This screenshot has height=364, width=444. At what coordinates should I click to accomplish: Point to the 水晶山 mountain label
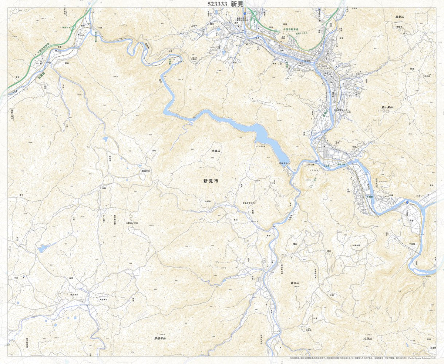click(x=216, y=151)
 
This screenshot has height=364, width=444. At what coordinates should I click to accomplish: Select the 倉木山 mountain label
click(x=295, y=283)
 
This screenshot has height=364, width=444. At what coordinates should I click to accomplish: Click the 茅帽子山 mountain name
click(x=160, y=338)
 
